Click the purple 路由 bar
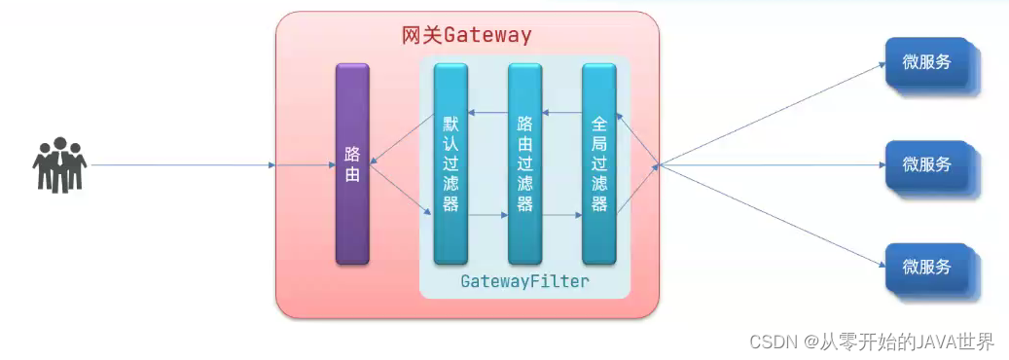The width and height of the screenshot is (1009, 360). [x=352, y=163]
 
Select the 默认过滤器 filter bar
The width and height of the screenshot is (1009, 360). [x=450, y=163]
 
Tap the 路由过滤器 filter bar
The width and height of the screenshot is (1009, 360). [x=524, y=163]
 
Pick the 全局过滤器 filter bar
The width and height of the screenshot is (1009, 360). [x=598, y=163]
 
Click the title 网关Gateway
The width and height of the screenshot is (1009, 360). [x=467, y=36]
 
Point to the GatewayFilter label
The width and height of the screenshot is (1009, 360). [x=524, y=282]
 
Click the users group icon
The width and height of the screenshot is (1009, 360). [x=58, y=165]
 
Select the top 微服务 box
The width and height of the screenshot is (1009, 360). [x=926, y=62]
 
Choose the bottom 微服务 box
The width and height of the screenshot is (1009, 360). [x=926, y=267]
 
